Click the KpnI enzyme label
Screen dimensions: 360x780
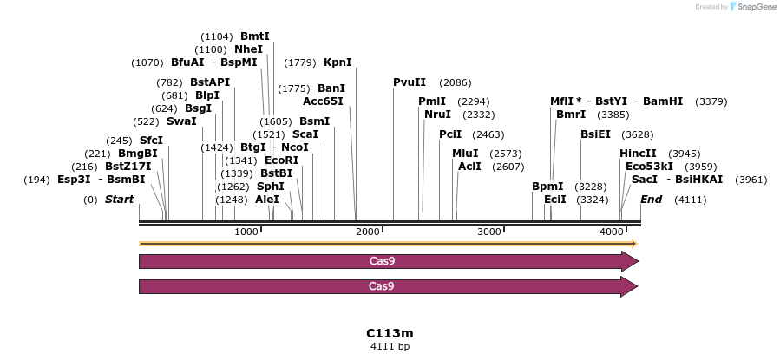[x=338, y=62]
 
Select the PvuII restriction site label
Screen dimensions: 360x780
[x=410, y=82]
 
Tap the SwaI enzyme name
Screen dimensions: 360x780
[x=181, y=121]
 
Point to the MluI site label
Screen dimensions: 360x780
[x=465, y=154]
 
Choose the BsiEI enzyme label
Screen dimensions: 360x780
[x=596, y=134]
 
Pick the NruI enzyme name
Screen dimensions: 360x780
[x=437, y=115]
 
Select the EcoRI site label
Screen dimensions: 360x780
[x=281, y=160]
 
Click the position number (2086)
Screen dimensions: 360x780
[x=456, y=82]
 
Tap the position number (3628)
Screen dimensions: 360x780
[x=638, y=134]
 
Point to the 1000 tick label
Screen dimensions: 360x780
[x=246, y=232]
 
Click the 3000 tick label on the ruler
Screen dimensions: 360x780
[x=490, y=232]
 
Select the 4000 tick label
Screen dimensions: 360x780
[x=613, y=232]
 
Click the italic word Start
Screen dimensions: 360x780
[x=120, y=200]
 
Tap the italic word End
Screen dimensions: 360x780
[x=652, y=200]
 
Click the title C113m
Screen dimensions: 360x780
[x=390, y=333]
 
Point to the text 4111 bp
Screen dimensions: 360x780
[x=390, y=346]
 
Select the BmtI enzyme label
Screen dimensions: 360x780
[x=255, y=36]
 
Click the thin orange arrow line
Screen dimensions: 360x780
[x=388, y=244]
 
